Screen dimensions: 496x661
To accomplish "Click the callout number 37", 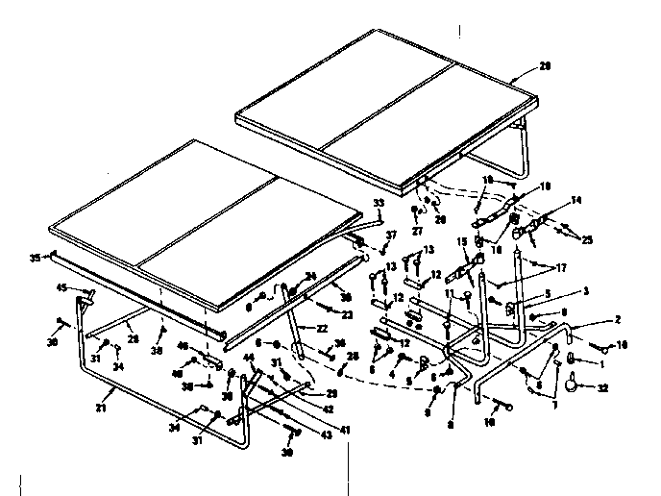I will point(390,236).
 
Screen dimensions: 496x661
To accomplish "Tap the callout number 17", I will point(561,268).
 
